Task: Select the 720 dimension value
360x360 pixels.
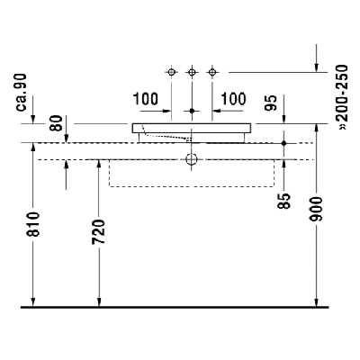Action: click(99, 231)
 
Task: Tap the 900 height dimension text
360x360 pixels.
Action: click(316, 209)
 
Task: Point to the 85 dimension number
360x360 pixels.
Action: click(284, 201)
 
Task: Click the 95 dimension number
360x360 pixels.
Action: click(271, 103)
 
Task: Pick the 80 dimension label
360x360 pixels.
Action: click(57, 123)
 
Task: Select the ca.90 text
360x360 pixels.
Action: click(22, 93)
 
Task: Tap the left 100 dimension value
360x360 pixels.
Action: click(146, 99)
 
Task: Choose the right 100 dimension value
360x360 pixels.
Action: click(234, 99)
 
